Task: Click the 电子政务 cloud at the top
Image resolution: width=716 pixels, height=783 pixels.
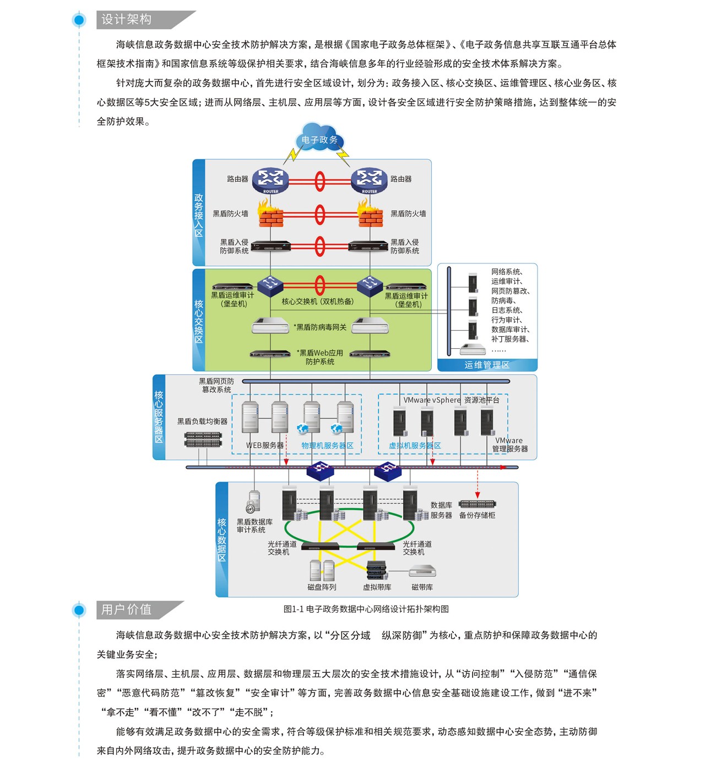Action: (319, 140)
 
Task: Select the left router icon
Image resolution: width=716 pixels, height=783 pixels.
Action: (270, 180)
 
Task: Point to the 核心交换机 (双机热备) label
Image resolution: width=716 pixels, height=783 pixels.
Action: (318, 301)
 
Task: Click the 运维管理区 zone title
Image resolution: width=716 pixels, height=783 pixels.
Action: (487, 365)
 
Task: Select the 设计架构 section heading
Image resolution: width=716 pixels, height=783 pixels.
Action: (127, 20)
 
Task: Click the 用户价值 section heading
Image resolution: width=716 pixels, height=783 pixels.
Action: (127, 609)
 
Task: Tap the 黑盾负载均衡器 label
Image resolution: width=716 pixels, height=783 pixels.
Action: (202, 422)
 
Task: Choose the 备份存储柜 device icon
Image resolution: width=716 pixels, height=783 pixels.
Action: (477, 504)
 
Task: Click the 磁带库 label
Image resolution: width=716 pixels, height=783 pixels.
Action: (422, 587)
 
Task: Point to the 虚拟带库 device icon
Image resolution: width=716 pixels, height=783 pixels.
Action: (377, 571)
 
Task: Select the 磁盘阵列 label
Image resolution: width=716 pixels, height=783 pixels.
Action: (322, 587)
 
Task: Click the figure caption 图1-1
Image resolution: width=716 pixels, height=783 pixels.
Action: (366, 609)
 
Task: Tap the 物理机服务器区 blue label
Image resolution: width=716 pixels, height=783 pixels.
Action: (327, 445)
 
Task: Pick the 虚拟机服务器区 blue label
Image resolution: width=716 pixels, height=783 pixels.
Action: (415, 445)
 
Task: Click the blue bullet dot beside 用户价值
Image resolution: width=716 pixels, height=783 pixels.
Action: (79, 610)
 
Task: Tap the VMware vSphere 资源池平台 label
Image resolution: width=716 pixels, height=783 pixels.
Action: (451, 400)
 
